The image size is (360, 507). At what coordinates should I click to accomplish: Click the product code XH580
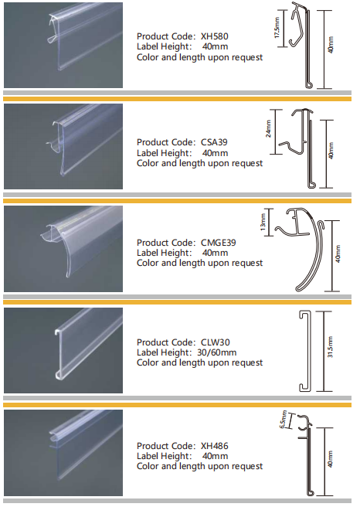pyautogui.click(x=214, y=36)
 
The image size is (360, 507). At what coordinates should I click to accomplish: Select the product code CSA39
pyautogui.click(x=214, y=142)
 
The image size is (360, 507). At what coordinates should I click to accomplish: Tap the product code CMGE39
pyautogui.click(x=218, y=243)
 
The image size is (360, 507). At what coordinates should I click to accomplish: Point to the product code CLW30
pyautogui.click(x=216, y=342)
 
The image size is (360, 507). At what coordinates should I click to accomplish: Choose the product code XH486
pyautogui.click(x=214, y=446)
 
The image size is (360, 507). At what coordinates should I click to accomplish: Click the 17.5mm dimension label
pyautogui.click(x=277, y=29)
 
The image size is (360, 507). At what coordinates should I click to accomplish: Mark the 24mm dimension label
pyautogui.click(x=269, y=129)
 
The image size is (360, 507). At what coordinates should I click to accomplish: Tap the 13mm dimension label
pyautogui.click(x=263, y=222)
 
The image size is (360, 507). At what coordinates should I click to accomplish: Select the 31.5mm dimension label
pyautogui.click(x=330, y=347)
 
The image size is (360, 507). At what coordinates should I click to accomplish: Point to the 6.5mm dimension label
pyautogui.click(x=284, y=420)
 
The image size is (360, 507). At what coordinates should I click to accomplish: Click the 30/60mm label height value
pyautogui.click(x=217, y=352)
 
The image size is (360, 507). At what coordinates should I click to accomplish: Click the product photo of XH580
pyautogui.click(x=63, y=46)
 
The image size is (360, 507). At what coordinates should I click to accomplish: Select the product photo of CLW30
pyautogui.click(x=63, y=351)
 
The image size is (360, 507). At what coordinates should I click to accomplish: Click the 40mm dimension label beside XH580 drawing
pyautogui.click(x=331, y=45)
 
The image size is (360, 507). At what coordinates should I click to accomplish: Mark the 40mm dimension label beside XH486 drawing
pyautogui.click(x=330, y=459)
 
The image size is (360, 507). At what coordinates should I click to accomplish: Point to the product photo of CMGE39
pyautogui.click(x=63, y=249)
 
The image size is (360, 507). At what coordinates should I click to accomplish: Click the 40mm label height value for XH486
pyautogui.click(x=216, y=456)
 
